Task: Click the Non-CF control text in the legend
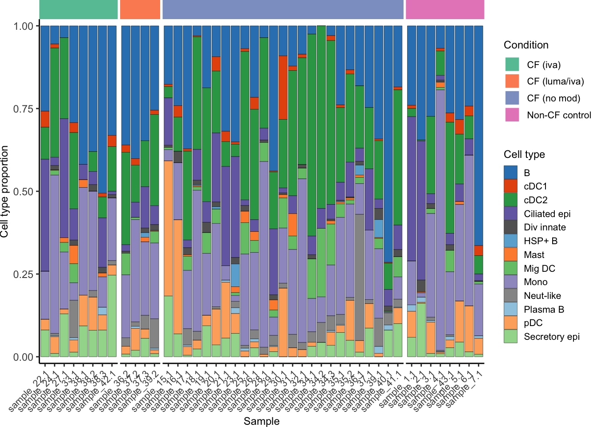(x=559, y=115)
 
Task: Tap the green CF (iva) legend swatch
(x=512, y=64)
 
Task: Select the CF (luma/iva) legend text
(x=555, y=81)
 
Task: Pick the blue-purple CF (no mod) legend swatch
(x=512, y=98)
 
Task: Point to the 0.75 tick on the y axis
(x=23, y=109)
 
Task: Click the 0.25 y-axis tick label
(x=23, y=274)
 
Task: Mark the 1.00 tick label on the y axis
(x=23, y=26)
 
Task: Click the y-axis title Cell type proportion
(x=5, y=192)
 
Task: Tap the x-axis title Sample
(x=262, y=421)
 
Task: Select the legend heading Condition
(x=526, y=45)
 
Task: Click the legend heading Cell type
(x=524, y=154)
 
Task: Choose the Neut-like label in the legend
(x=542, y=296)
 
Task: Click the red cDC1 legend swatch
(x=511, y=186)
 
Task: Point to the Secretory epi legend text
(x=552, y=337)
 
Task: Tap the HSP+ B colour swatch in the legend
(x=511, y=241)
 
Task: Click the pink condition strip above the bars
(x=445, y=9)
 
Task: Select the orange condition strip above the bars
(x=140, y=9)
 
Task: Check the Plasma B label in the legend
(x=544, y=310)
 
